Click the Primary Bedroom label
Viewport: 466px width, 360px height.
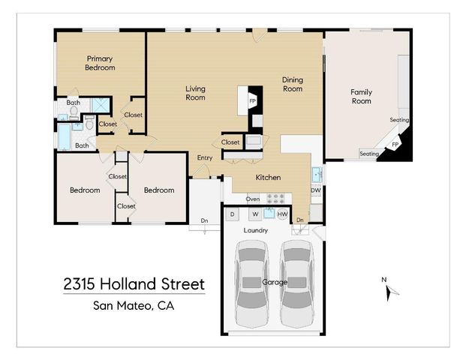tap(100, 63)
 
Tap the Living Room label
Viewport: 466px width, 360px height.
tap(195, 93)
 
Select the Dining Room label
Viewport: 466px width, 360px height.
tap(292, 84)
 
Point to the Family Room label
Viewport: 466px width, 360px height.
tap(361, 97)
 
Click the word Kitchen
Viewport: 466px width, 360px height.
tap(268, 178)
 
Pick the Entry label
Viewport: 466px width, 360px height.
tap(204, 158)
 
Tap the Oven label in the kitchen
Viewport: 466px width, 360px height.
tap(253, 199)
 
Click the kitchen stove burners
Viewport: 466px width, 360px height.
tap(277, 199)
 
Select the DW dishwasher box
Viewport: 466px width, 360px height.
tap(316, 190)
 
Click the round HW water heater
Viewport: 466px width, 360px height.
tap(282, 214)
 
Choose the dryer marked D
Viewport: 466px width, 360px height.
tap(233, 214)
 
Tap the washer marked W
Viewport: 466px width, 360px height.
tap(255, 214)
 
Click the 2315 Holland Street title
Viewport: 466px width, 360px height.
tap(134, 285)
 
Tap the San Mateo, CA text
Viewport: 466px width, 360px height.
tap(133, 305)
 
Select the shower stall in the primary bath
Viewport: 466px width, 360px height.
tap(98, 105)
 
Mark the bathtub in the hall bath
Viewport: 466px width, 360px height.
tap(64, 136)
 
